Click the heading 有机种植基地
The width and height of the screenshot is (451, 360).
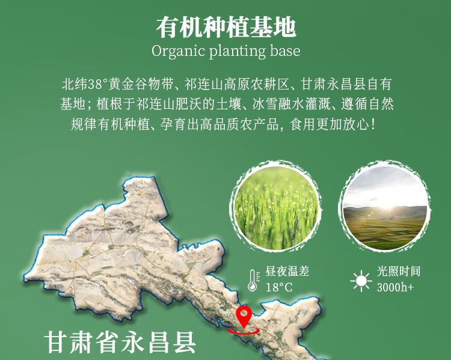click(226, 26)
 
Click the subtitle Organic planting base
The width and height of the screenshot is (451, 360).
click(226, 51)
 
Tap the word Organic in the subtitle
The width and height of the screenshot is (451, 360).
click(178, 51)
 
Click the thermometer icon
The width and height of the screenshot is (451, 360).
click(252, 279)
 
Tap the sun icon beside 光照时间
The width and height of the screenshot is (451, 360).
click(361, 279)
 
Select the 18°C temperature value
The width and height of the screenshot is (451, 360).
click(279, 287)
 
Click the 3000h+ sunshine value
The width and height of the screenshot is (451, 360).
click(395, 287)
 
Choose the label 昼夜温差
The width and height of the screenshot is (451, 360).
click(287, 272)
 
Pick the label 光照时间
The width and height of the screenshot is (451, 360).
click(398, 272)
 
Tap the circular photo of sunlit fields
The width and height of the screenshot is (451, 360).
click(384, 207)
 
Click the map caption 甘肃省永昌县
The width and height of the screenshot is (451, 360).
click(120, 341)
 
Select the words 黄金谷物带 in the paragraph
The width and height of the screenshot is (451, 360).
click(143, 84)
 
